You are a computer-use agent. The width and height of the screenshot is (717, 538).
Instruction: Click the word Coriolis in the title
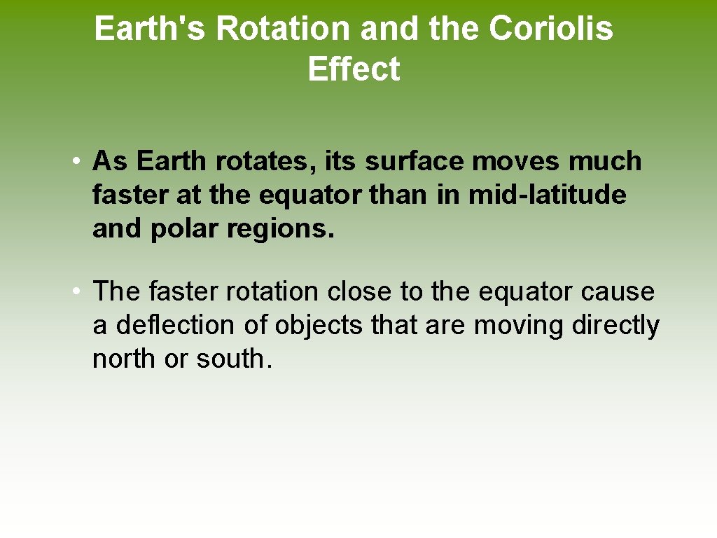pos(550,29)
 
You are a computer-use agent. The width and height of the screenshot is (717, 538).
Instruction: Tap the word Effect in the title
pos(354,69)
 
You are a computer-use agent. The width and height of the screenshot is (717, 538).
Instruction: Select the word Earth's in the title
pos(151,29)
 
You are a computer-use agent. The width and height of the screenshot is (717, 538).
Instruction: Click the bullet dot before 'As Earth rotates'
pos(76,162)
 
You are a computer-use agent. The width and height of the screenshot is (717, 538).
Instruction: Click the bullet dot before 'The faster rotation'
pos(76,291)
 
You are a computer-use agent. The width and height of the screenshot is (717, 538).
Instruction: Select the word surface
pos(415,161)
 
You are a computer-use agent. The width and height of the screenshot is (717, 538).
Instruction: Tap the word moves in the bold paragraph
pos(517,161)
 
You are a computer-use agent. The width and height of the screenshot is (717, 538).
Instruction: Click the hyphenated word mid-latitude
pos(547,195)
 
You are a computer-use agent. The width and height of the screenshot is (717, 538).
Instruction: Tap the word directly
pos(615,325)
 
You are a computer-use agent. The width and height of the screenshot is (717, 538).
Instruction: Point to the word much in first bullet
pos(604,161)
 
